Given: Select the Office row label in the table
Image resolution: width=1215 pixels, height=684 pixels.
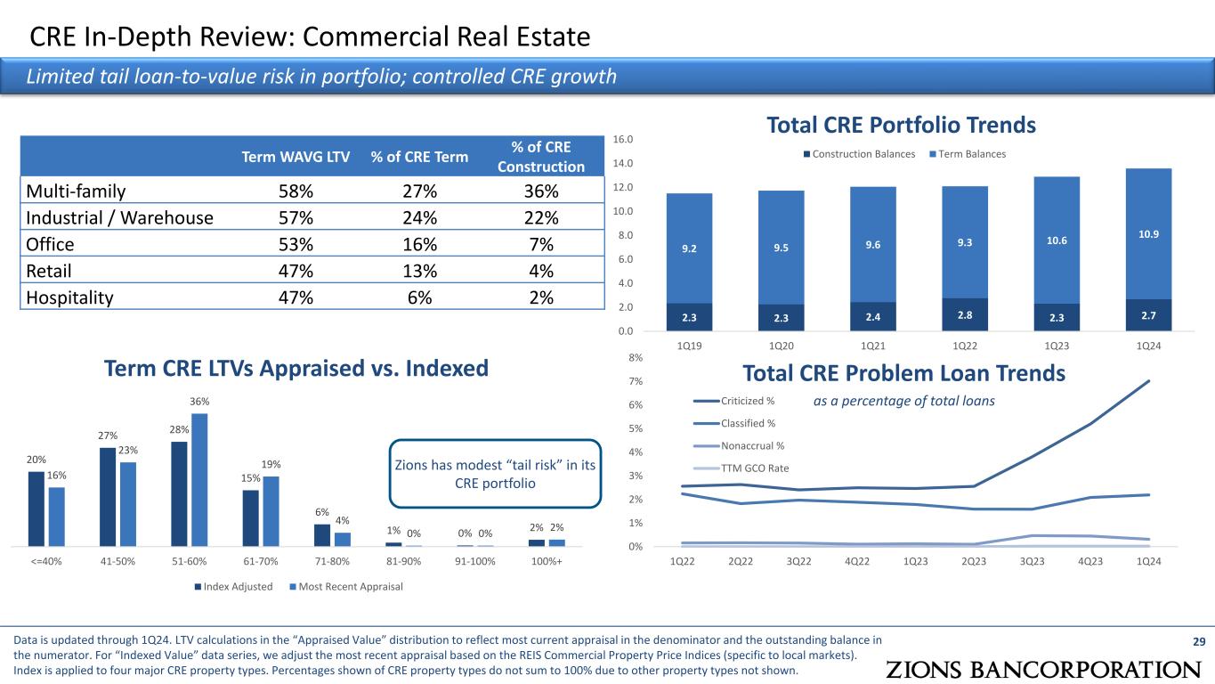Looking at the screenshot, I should [x=49, y=244].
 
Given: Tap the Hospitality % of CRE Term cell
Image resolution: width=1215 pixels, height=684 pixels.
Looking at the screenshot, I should [x=419, y=297].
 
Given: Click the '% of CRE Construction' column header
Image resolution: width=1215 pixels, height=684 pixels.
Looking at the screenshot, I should [x=541, y=157].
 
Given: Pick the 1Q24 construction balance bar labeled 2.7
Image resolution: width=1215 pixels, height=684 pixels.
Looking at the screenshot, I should [x=1147, y=314].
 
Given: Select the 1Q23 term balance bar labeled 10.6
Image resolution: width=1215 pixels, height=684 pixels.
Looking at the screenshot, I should [x=1056, y=240].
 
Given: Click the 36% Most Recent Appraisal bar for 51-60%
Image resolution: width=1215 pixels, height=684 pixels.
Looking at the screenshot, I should [x=199, y=479].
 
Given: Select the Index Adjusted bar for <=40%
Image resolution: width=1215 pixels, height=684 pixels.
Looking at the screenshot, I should [x=36, y=509].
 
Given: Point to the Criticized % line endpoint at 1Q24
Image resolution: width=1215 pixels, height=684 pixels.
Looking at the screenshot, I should [x=1148, y=381].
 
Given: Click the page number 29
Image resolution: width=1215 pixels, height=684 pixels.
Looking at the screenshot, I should [x=1197, y=641].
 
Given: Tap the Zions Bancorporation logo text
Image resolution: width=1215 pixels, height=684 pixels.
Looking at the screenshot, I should [x=1043, y=669].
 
